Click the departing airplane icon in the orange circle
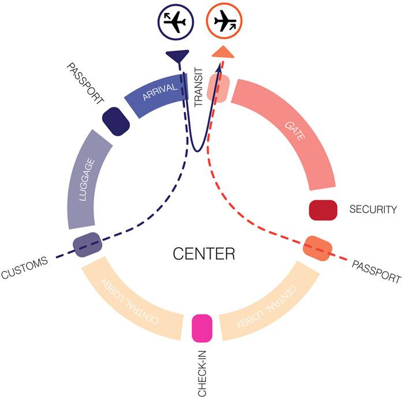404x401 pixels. click(226, 21)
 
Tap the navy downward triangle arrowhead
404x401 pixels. click(177, 56)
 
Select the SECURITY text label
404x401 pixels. click(373, 209)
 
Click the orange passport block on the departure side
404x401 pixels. click(317, 249)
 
